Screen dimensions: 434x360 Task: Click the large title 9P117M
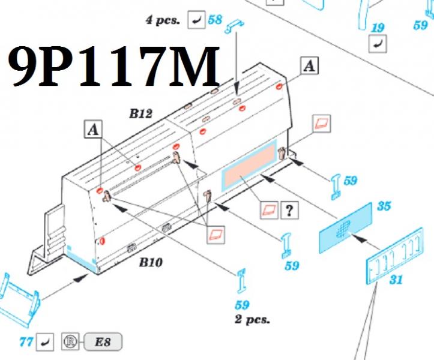tap(114, 67)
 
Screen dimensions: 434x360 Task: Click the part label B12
tap(141, 113)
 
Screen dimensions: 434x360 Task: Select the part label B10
tap(151, 262)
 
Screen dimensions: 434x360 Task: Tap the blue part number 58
tap(215, 20)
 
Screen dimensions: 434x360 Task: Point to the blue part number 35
tap(384, 206)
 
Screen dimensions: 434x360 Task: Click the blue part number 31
tap(396, 280)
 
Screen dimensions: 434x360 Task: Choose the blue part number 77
tap(26, 342)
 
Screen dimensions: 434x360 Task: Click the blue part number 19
tap(378, 28)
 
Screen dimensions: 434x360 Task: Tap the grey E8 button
tap(103, 342)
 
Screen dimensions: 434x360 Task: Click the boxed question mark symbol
tap(289, 210)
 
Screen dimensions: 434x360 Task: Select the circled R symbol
tap(70, 341)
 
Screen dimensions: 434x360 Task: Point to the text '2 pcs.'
tap(252, 319)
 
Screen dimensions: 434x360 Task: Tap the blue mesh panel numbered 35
tap(346, 228)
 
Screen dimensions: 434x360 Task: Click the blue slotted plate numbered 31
tap(395, 256)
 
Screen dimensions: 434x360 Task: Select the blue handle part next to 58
tap(235, 26)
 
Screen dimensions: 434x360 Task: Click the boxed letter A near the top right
tap(309, 66)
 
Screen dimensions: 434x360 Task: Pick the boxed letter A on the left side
tap(93, 129)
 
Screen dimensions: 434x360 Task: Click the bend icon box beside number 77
tap(45, 342)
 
